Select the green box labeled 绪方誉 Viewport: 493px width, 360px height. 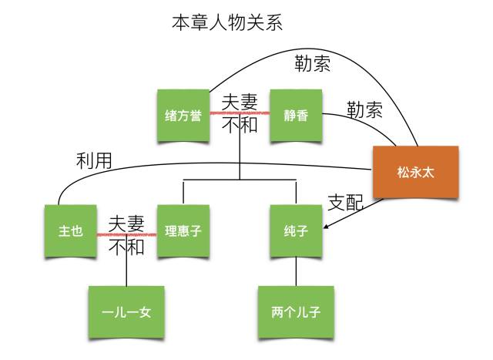point(183,116)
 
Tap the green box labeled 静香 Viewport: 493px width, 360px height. point(295,116)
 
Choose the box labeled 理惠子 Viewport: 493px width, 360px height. point(183,230)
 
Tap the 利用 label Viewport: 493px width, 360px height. point(94,161)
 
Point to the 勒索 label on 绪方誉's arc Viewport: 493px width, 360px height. point(313,64)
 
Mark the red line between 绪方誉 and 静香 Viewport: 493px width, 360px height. point(240,113)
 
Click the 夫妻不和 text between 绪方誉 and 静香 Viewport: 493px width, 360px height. point(240,113)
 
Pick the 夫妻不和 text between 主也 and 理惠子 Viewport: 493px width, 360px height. point(126,235)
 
